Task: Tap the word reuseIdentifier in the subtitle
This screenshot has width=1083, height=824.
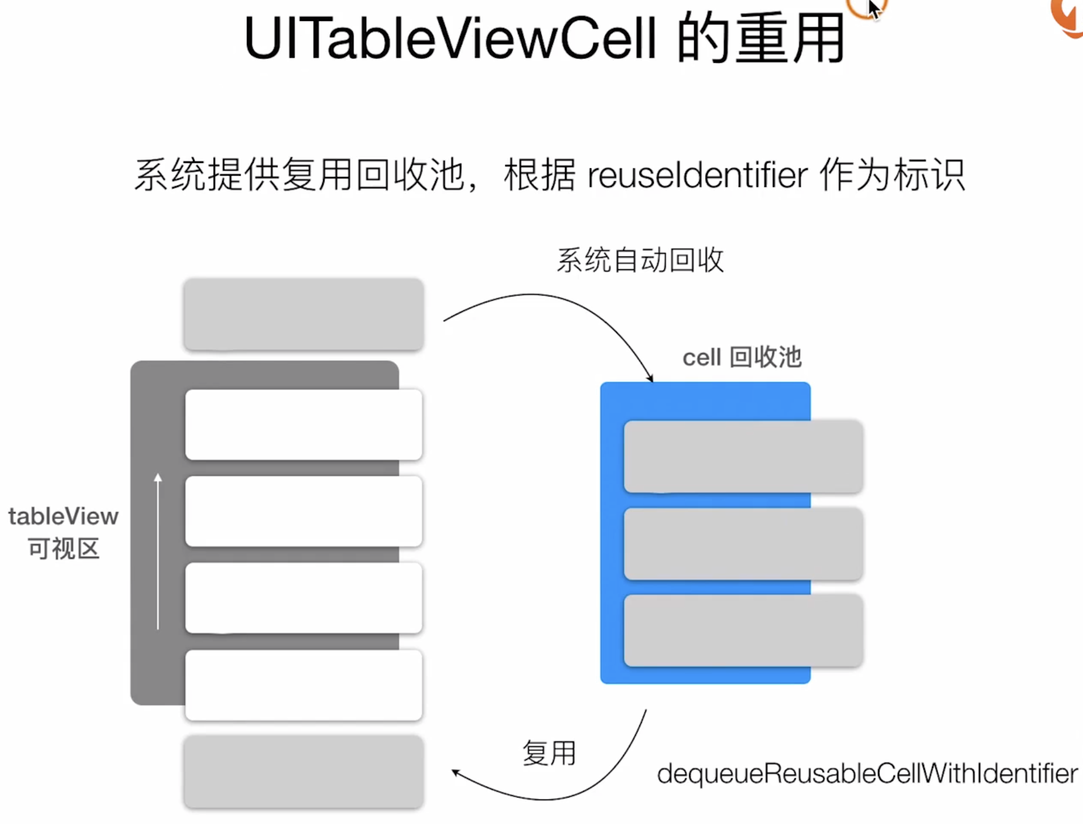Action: [x=697, y=175]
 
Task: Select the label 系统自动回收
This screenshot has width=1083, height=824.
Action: [x=640, y=260]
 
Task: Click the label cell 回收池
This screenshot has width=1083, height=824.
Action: [x=742, y=358]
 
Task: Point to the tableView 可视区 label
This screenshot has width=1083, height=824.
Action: [x=64, y=533]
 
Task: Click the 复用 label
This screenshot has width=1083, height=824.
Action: [x=549, y=753]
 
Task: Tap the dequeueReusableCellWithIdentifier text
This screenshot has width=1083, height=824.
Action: [x=867, y=774]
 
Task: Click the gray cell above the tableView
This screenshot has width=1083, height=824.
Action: [x=304, y=314]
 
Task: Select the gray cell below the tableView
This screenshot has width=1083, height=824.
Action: [x=304, y=771]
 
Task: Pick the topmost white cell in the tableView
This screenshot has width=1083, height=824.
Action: [x=304, y=424]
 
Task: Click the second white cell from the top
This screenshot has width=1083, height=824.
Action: [x=304, y=511]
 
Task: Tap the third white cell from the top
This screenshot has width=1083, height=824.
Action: [x=304, y=597]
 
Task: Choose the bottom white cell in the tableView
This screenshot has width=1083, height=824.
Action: [x=304, y=685]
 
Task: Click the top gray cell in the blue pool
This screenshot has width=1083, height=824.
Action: [x=743, y=456]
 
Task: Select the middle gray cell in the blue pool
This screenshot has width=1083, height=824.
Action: [x=743, y=543]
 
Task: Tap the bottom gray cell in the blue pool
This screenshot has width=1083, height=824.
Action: [x=743, y=630]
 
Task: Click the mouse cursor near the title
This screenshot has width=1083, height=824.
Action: [x=873, y=8]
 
